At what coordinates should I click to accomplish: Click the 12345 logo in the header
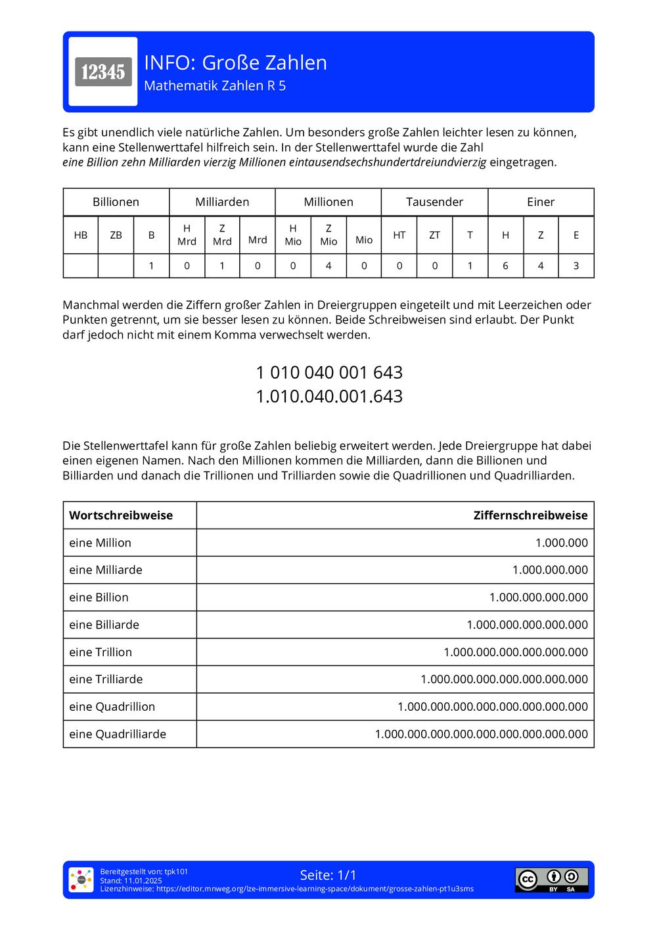tap(103, 72)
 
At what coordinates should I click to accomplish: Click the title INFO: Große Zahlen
tap(235, 62)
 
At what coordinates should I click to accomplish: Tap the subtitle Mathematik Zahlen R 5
tap(215, 86)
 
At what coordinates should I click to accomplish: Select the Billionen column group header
tap(116, 202)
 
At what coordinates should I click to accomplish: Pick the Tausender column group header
tap(434, 202)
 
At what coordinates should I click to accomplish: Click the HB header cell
tap(81, 235)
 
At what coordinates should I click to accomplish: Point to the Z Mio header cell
tap(328, 235)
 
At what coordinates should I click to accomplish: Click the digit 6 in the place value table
tap(505, 266)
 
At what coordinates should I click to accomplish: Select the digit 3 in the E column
tap(576, 266)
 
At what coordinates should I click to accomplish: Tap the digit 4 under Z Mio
tap(328, 266)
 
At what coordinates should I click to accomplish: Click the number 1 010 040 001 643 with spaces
tap(328, 372)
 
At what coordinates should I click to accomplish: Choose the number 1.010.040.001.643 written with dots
tap(328, 396)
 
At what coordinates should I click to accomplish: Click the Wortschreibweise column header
tap(121, 515)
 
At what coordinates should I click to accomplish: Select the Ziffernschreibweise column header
tap(530, 515)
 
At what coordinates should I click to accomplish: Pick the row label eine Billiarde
tap(104, 625)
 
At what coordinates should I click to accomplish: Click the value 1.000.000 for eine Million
tap(561, 543)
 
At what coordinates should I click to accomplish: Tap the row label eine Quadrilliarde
tap(118, 734)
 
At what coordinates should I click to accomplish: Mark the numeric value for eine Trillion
tap(516, 652)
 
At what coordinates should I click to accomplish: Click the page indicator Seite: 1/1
tap(328, 875)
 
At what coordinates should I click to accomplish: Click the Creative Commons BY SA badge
tap(551, 880)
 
